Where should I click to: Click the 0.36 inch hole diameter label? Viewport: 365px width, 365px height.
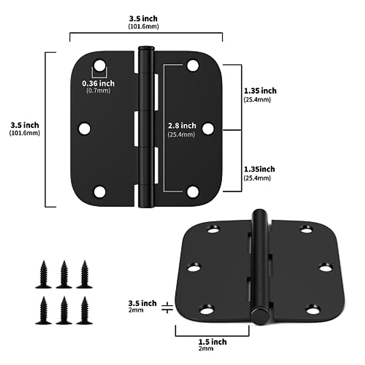[x=98, y=83]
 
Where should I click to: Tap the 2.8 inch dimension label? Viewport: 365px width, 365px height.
[x=182, y=126]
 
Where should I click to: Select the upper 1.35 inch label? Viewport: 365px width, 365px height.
[x=260, y=91]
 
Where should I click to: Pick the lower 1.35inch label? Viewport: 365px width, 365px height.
[x=259, y=169]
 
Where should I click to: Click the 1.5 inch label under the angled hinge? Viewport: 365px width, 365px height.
[x=212, y=342]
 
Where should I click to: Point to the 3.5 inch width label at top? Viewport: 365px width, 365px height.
[x=143, y=19]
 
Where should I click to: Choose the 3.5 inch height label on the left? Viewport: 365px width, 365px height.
[x=25, y=125]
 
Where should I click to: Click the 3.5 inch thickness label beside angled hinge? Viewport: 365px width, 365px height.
[x=142, y=303]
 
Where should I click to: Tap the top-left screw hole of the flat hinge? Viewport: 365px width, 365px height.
[x=99, y=65]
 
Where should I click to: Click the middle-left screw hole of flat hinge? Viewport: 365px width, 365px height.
[x=85, y=128]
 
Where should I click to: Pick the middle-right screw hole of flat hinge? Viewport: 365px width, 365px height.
[x=208, y=128]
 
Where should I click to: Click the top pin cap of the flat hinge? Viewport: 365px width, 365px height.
[x=146, y=48]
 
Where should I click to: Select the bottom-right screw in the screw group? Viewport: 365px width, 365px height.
[x=84, y=311]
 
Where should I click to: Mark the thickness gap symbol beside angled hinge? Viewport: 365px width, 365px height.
[x=167, y=307]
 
